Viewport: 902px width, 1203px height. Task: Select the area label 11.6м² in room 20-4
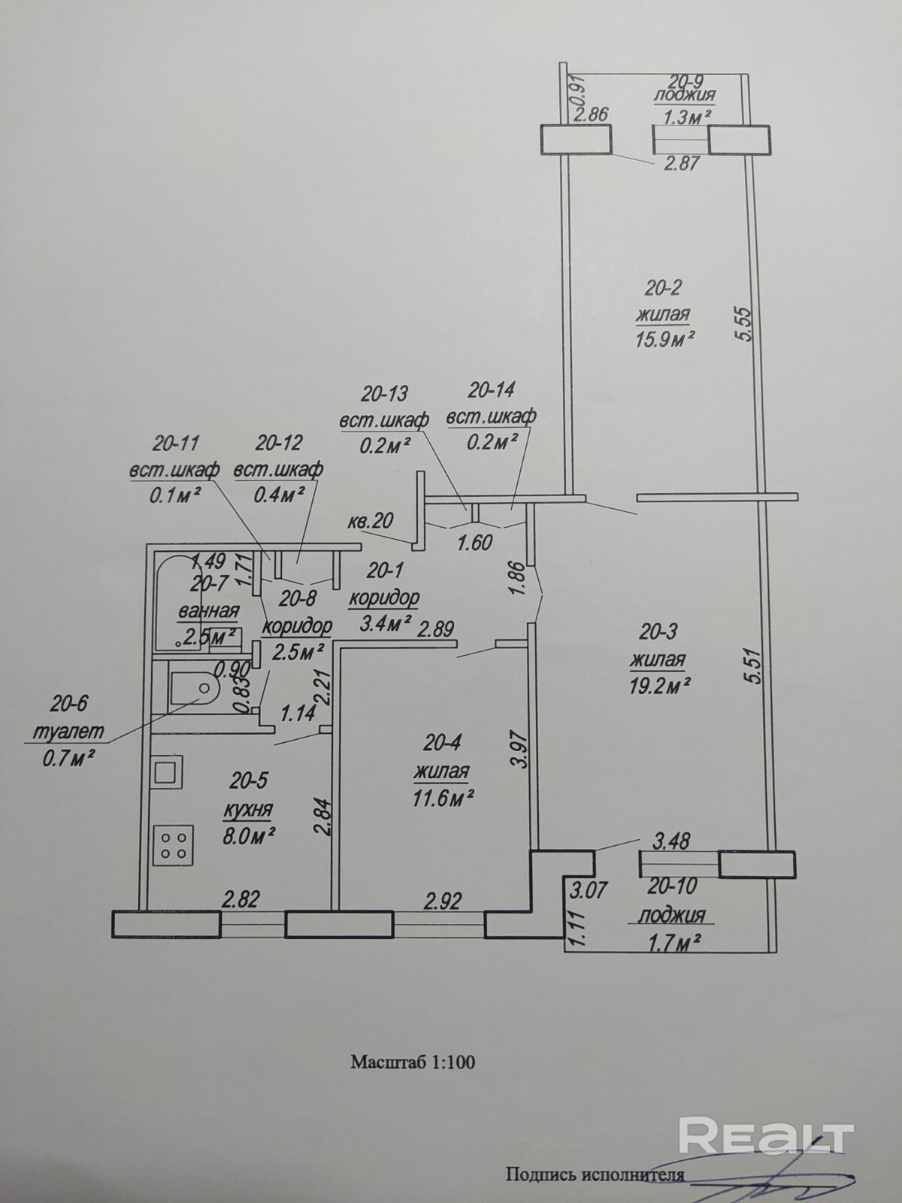442,798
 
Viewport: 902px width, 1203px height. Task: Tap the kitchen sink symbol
167,772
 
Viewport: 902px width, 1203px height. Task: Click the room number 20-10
671,887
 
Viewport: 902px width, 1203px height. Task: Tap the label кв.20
371,520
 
